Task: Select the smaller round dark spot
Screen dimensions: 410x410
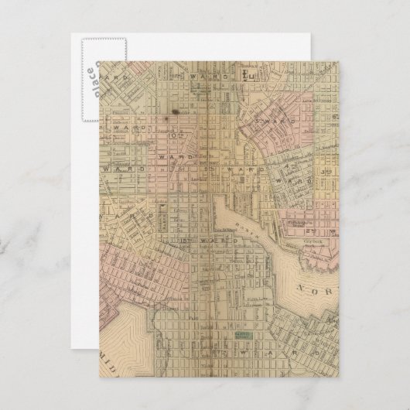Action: click(x=162, y=121)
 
